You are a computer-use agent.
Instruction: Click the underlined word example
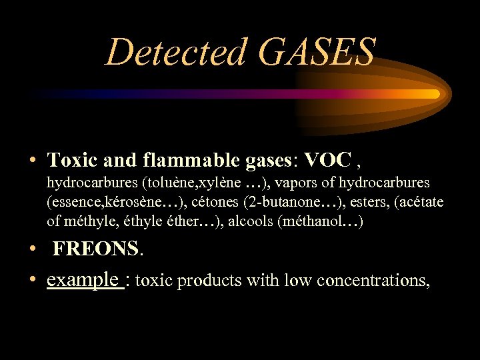[x=83, y=280]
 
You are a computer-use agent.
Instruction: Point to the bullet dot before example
[x=32, y=281]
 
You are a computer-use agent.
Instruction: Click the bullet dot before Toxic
[x=32, y=161]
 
